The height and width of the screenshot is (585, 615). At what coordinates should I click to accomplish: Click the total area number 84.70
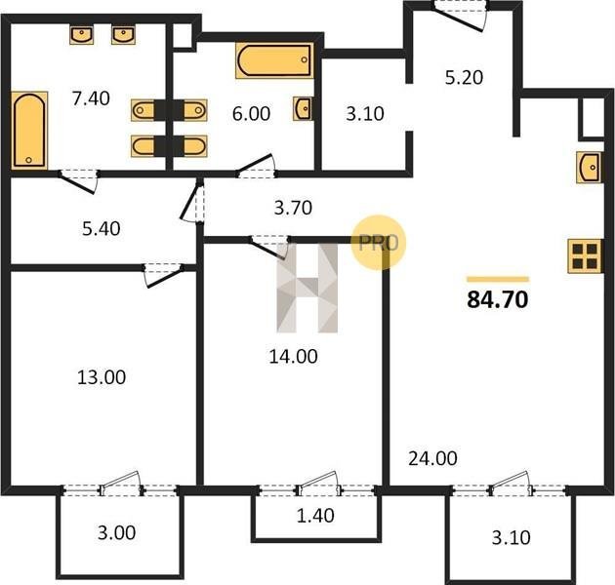497,299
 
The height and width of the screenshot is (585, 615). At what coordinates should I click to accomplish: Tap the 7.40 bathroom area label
91,98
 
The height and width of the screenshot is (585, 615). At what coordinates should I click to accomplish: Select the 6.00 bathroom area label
251,114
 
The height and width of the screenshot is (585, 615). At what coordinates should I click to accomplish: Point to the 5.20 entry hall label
464,78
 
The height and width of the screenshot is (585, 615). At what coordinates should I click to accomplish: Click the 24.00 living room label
432,458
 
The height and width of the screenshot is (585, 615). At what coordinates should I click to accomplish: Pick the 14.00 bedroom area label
293,357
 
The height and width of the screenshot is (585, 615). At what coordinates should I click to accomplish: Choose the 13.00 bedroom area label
102,377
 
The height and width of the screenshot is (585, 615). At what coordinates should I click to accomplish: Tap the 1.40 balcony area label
315,516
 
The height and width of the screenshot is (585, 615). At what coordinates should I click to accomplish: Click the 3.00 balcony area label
116,533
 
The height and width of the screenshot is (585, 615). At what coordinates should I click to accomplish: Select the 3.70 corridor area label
293,208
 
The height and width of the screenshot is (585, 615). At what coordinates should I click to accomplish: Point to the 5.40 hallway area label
102,228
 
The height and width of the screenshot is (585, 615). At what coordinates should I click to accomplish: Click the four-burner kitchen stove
585,255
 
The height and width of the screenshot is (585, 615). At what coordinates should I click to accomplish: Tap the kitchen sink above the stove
589,168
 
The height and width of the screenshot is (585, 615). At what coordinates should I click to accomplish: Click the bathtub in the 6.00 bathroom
274,60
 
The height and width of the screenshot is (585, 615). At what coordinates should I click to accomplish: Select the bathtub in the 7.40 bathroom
29,131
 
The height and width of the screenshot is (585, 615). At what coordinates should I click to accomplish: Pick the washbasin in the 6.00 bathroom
303,108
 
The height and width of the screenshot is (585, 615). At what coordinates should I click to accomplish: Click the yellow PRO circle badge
378,242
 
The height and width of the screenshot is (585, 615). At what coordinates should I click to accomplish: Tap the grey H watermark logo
307,288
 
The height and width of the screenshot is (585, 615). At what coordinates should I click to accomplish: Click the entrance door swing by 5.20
459,16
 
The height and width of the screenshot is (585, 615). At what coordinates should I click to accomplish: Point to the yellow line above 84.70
498,280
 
